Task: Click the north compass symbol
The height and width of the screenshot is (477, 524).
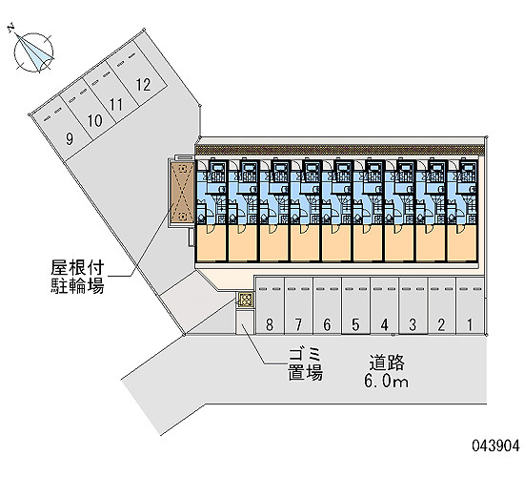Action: (33, 52)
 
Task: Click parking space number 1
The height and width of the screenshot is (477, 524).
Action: (470, 305)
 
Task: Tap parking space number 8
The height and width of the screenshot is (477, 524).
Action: (270, 305)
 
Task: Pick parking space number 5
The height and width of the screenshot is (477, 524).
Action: (355, 305)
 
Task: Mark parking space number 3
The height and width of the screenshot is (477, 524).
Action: (413, 305)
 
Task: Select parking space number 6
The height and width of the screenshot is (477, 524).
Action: (327, 305)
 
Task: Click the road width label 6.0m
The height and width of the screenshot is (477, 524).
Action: (386, 381)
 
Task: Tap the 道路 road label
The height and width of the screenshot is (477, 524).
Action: (387, 363)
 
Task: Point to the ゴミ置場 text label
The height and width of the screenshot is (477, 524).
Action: (306, 363)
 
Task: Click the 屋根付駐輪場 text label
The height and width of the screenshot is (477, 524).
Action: (77, 277)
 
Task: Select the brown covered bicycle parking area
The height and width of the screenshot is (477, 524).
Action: (182, 192)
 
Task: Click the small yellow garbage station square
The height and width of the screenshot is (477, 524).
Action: (246, 300)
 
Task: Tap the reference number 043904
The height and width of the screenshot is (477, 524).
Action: (496, 446)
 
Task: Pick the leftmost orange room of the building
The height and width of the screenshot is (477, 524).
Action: (212, 243)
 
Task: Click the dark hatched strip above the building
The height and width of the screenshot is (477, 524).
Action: (339, 150)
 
